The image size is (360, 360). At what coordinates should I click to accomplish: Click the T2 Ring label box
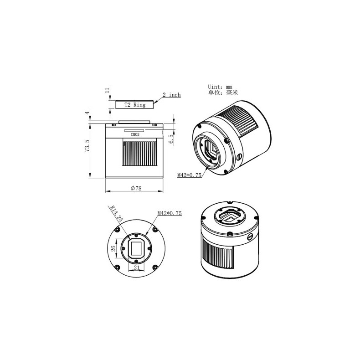coord(134,105)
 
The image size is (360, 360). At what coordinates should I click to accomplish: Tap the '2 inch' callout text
coord(172,95)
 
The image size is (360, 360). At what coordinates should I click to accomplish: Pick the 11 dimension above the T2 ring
coord(108,91)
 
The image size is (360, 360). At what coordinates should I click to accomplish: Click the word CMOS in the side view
coord(136,135)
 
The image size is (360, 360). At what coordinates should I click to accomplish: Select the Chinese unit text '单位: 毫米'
coord(223,93)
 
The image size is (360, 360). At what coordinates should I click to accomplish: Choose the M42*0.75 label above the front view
coord(169,213)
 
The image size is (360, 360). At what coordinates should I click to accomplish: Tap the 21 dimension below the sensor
coord(137,268)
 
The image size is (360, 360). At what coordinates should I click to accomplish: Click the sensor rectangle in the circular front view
coord(137,248)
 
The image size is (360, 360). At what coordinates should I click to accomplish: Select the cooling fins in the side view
coord(140,154)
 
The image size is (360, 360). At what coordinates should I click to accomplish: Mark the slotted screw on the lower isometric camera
coord(250,237)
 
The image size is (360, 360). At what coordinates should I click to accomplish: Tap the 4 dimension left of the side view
coord(85,112)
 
